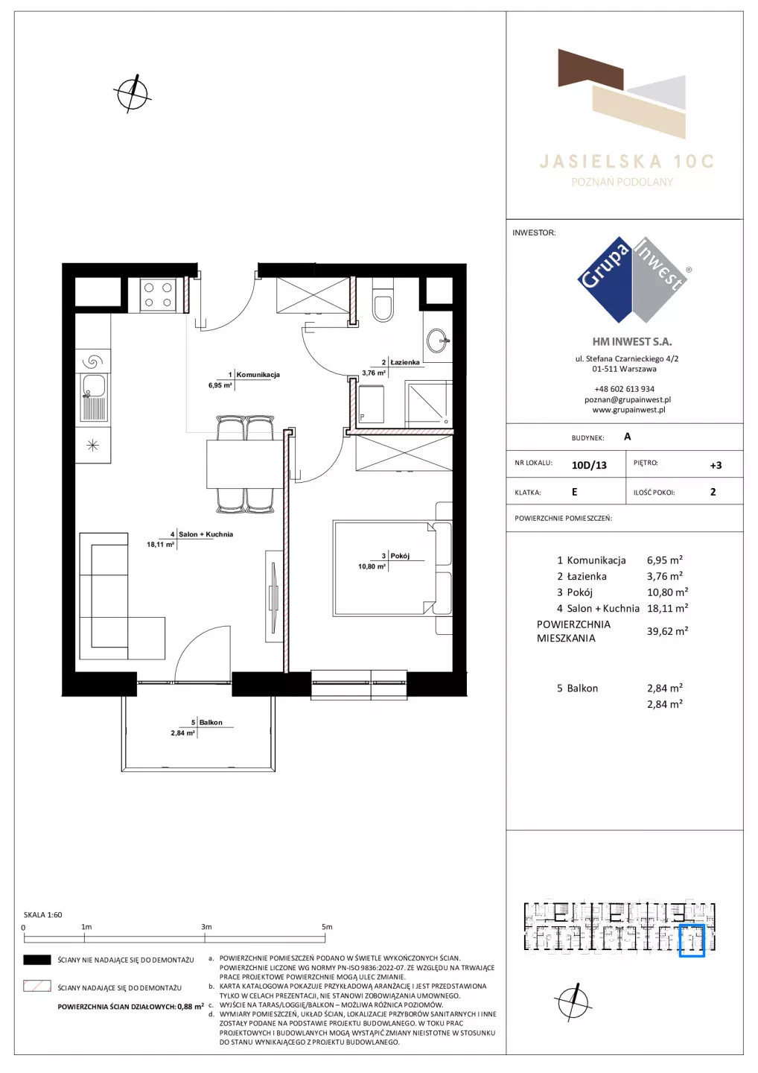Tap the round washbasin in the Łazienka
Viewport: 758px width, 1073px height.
click(x=437, y=340)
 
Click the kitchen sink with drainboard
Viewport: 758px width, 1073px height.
click(x=95, y=397)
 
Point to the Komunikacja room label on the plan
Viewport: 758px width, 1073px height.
click(x=258, y=375)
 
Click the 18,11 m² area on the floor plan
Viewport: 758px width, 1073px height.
click(x=160, y=544)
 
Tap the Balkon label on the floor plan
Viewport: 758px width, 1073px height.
click(x=211, y=722)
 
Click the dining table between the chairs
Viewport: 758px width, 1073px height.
click(x=244, y=463)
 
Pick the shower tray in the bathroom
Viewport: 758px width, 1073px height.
click(x=428, y=402)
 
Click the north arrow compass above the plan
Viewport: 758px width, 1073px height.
click(x=132, y=94)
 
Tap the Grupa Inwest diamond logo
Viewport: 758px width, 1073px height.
click(x=633, y=279)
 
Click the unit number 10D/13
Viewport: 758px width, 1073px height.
click(x=589, y=465)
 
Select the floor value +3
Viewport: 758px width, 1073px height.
click(x=716, y=465)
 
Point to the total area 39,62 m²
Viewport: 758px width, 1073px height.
click(x=668, y=631)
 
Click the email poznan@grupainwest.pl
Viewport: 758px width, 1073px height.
click(x=628, y=399)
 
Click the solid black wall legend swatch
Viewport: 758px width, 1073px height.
click(x=36, y=960)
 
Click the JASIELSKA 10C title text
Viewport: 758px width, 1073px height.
click(x=626, y=162)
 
